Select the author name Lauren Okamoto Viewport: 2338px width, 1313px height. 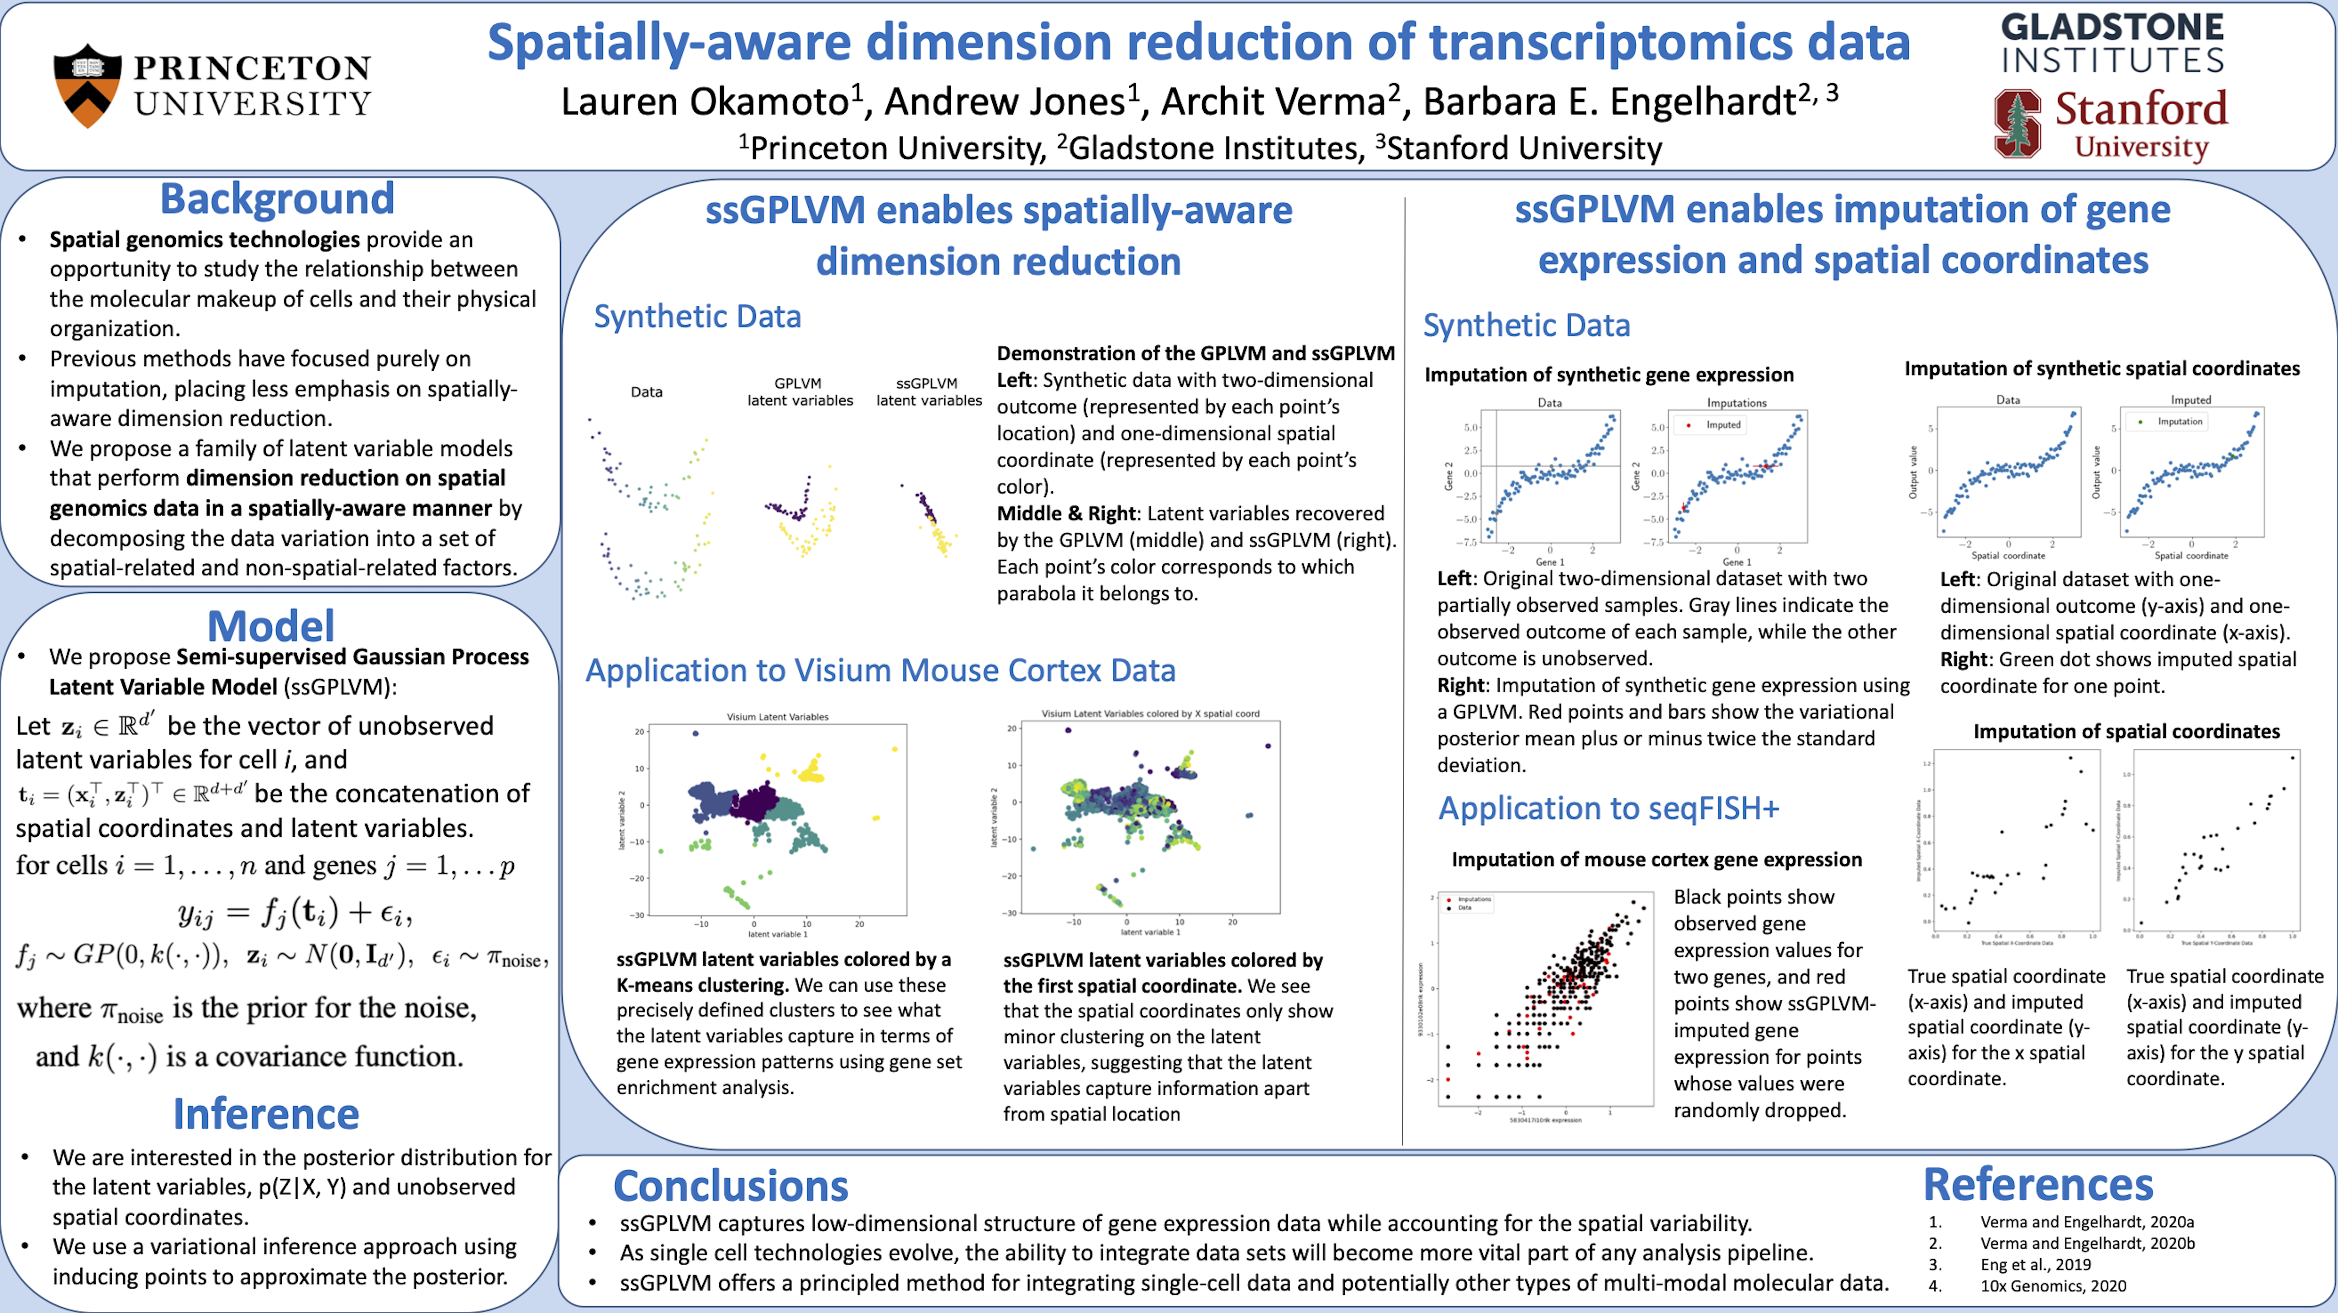[x=704, y=102]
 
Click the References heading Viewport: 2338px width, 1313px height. [x=2038, y=1184]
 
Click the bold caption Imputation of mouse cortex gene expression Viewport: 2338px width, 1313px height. [x=1656, y=859]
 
